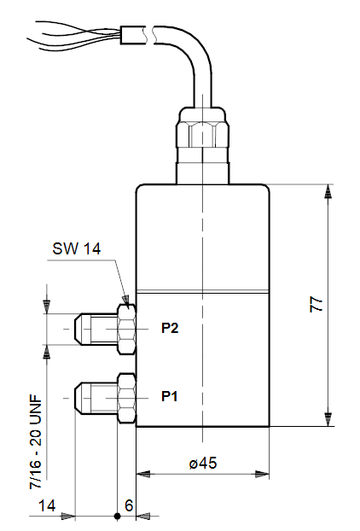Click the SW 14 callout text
click(x=77, y=249)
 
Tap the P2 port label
click(x=170, y=328)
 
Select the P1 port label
click(x=170, y=396)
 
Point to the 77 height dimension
click(x=316, y=305)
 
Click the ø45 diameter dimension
click(x=203, y=463)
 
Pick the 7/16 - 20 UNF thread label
click(x=36, y=441)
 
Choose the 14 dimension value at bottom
click(x=47, y=506)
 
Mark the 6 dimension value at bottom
click(x=129, y=505)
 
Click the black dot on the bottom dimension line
click(x=117, y=516)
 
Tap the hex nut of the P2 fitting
click(x=127, y=329)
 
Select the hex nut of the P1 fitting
click(x=127, y=398)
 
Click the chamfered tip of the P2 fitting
click(x=78, y=329)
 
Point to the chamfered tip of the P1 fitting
click(x=78, y=398)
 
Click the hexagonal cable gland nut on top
click(x=202, y=134)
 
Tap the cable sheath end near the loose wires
click(x=133, y=35)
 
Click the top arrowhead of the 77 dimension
click(x=328, y=192)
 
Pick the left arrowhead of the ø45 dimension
click(x=143, y=474)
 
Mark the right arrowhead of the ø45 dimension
click(x=262, y=474)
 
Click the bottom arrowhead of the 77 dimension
click(x=328, y=419)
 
